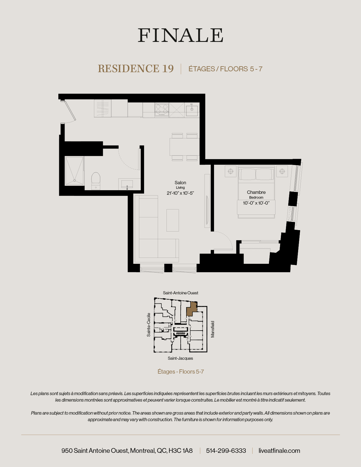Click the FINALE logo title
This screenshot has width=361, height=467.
[x=180, y=35]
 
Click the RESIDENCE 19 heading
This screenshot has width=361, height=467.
[x=136, y=69]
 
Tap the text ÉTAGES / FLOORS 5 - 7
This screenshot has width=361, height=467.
[x=225, y=69]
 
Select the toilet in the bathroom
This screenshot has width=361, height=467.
[x=96, y=179]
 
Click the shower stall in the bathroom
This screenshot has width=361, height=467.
[x=74, y=171]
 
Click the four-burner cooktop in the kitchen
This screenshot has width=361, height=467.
[x=162, y=110]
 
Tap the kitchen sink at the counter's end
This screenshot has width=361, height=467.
[x=192, y=109]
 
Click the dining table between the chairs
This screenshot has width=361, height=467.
[x=185, y=147]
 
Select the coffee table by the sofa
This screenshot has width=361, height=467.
[x=173, y=220]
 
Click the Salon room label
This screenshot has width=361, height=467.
[x=180, y=183]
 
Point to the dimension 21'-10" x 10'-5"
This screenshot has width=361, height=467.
[x=180, y=193]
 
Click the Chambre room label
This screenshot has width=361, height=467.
[x=256, y=192]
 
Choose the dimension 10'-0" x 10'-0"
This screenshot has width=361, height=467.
[x=256, y=203]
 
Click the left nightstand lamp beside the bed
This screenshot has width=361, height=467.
[x=231, y=171]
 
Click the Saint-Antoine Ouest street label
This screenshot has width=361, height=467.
[x=180, y=293]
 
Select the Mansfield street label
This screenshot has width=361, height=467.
[x=213, y=329]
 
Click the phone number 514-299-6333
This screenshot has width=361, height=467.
[x=226, y=451]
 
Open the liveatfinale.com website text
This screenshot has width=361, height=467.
[x=279, y=451]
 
